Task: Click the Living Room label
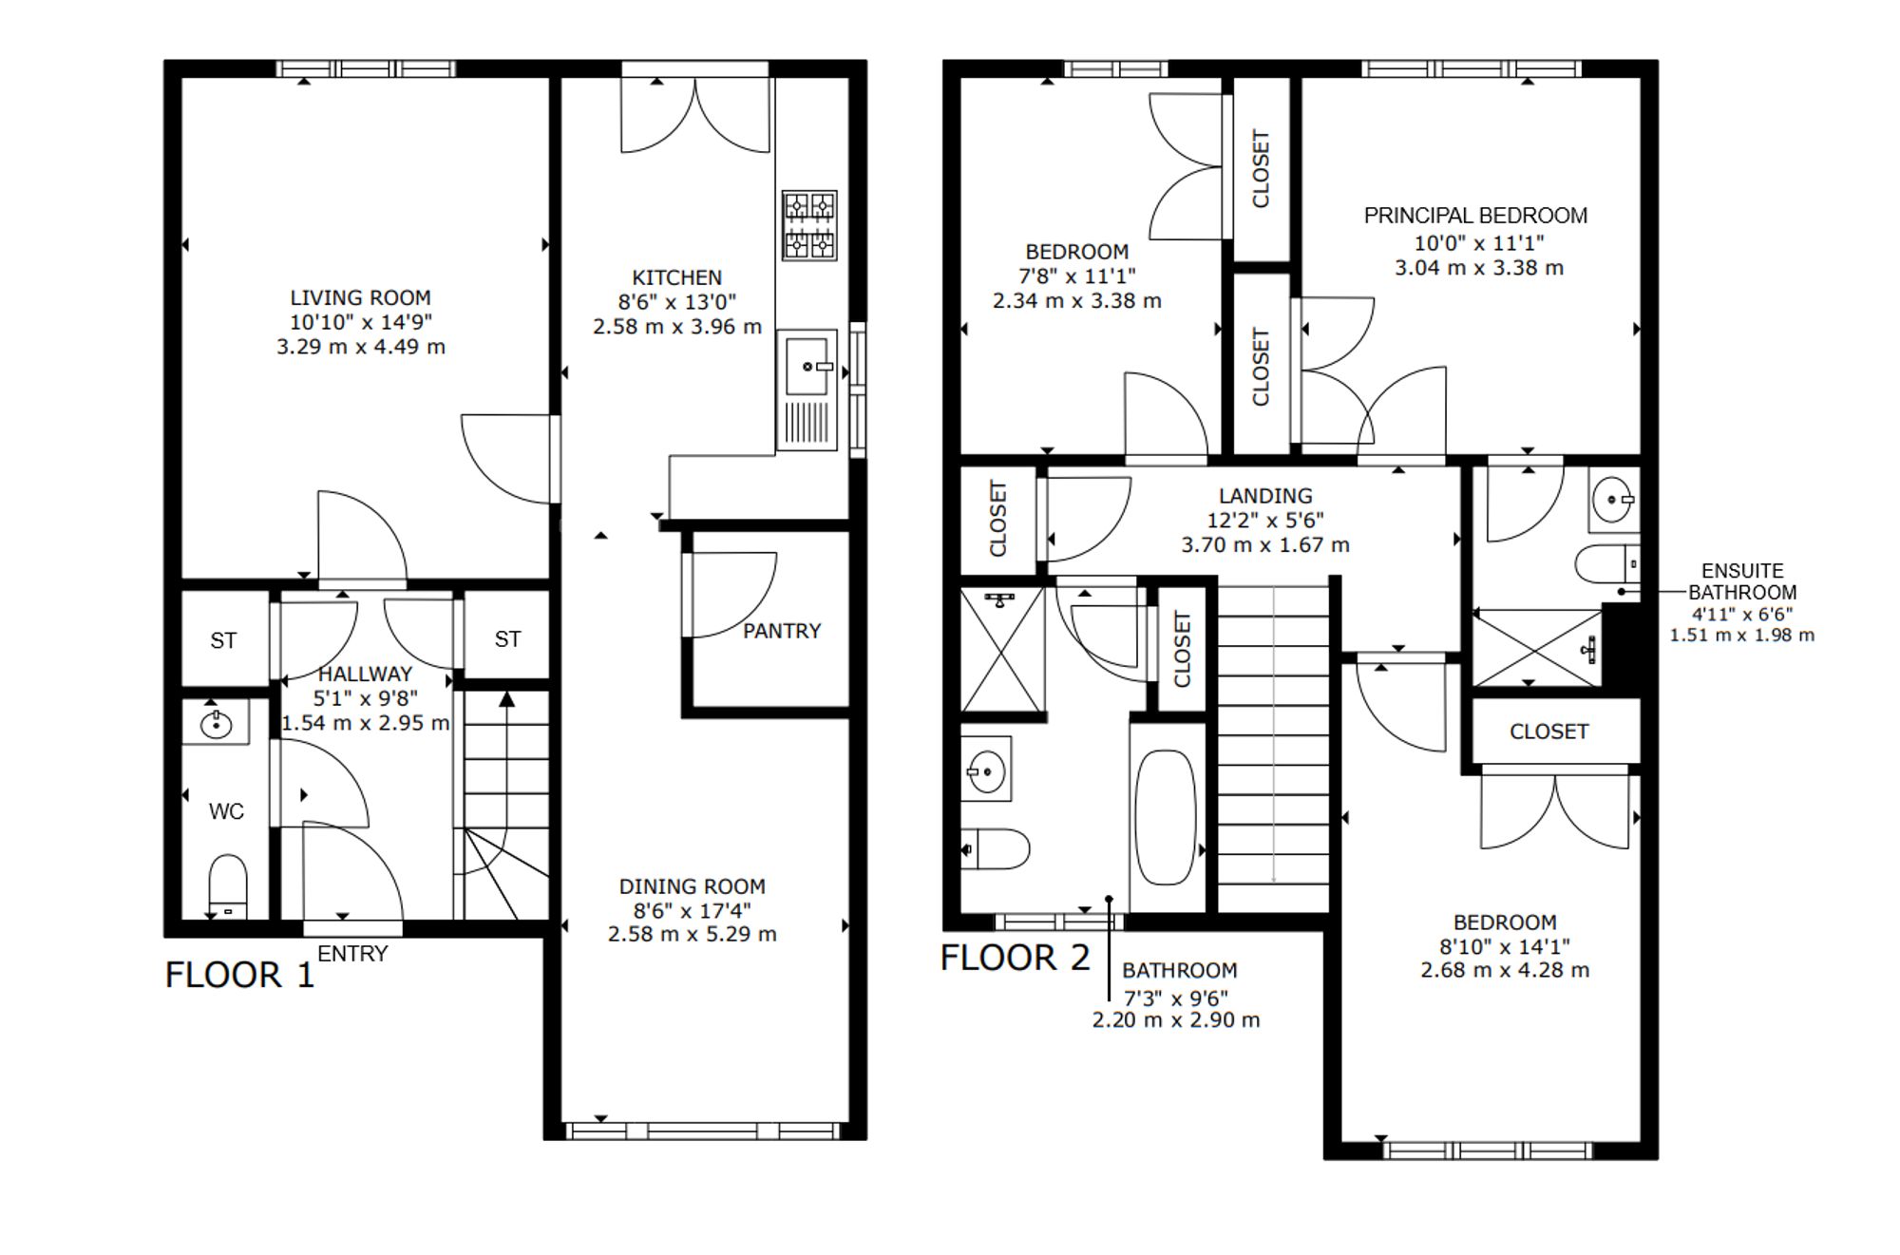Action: (x=360, y=297)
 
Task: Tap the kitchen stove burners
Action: (x=809, y=225)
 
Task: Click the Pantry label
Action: (x=782, y=631)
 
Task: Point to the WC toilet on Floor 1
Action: (x=227, y=886)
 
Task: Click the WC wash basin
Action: (x=217, y=724)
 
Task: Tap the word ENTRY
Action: (x=352, y=954)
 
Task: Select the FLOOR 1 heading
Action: (x=239, y=975)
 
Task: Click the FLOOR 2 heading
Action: (x=1016, y=958)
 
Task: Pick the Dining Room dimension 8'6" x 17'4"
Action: (x=693, y=910)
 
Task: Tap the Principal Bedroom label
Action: (x=1475, y=216)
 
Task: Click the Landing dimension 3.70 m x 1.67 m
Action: (x=1265, y=545)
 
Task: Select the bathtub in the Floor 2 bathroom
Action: (x=1166, y=817)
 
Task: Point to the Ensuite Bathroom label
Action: (x=1742, y=581)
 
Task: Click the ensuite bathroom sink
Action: (x=1613, y=500)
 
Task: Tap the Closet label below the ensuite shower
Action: (x=1548, y=732)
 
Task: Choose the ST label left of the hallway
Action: (x=223, y=641)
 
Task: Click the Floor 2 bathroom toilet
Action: (x=996, y=849)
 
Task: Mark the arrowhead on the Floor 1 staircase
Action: (x=507, y=699)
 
